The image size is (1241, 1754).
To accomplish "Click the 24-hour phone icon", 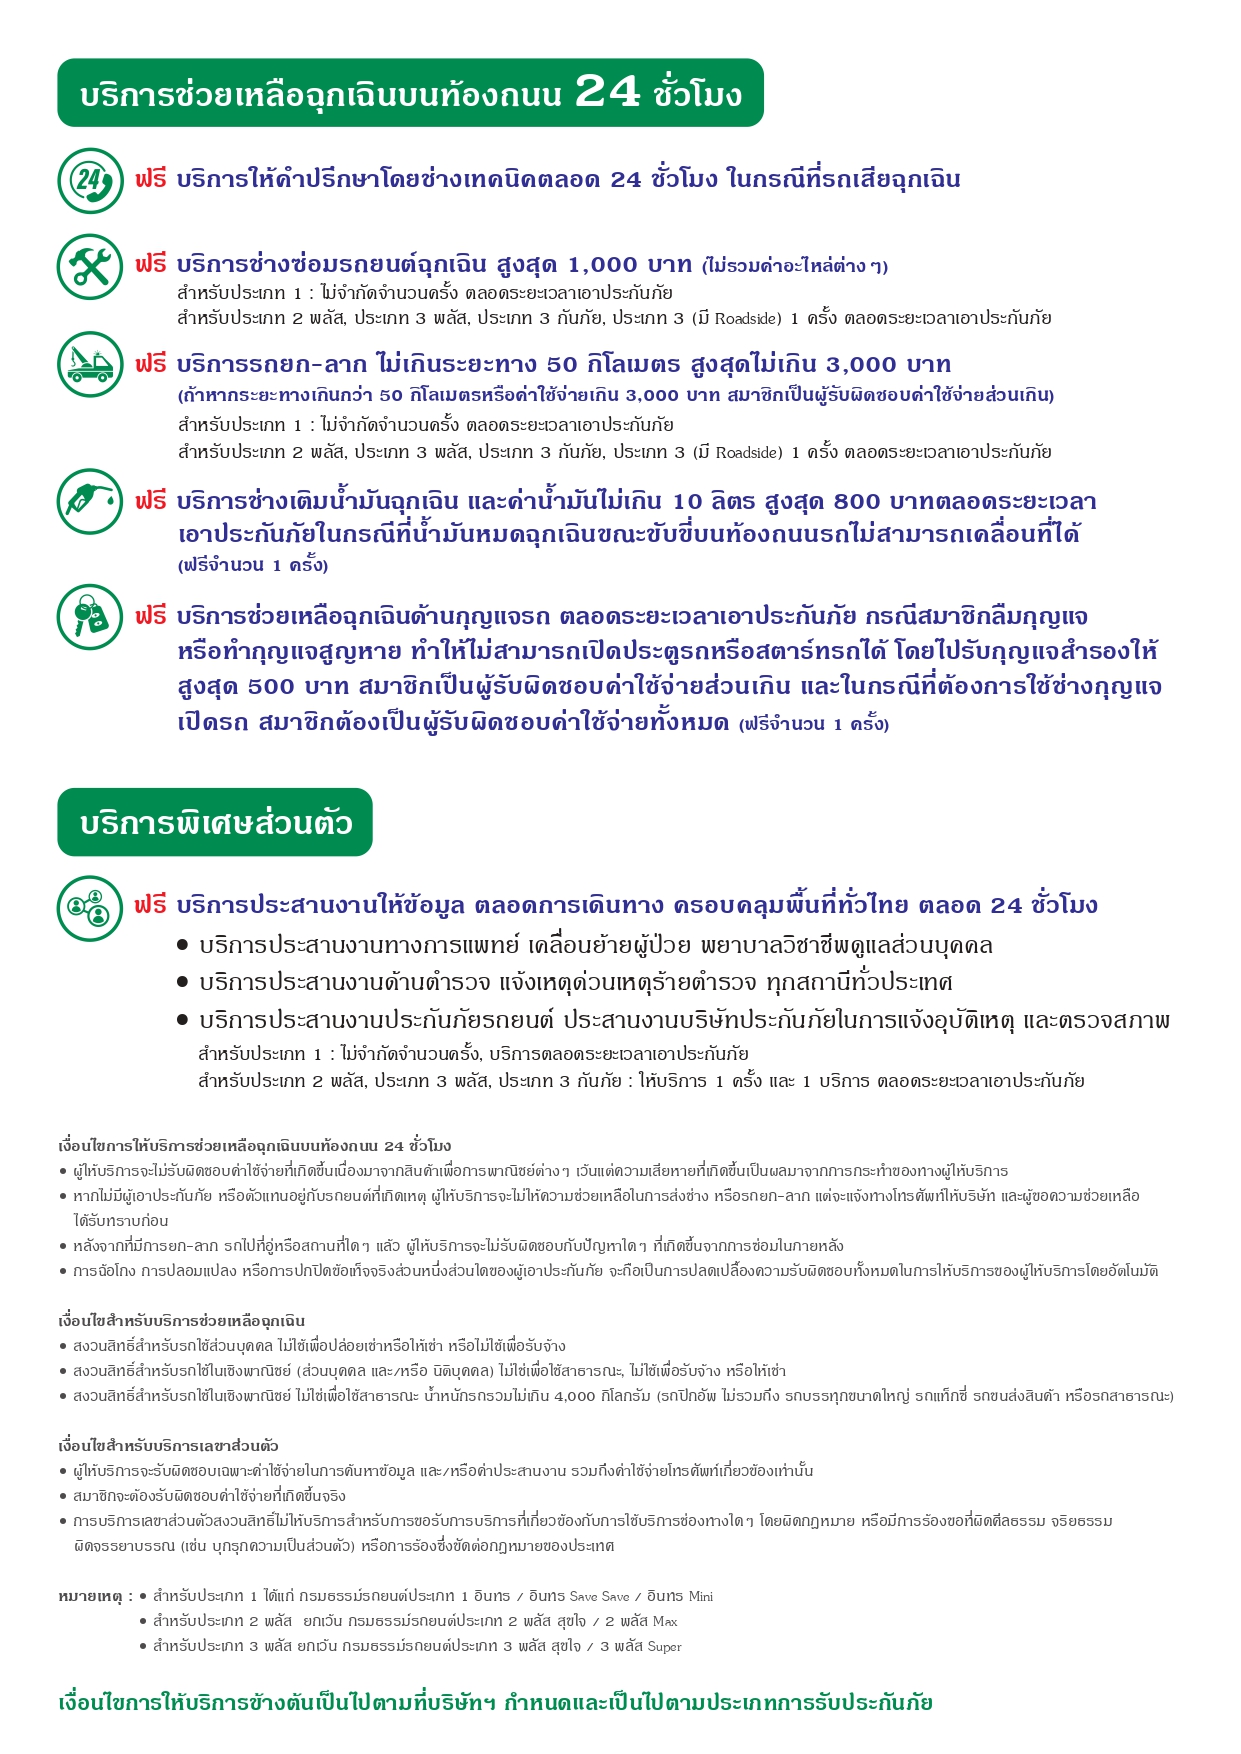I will tap(90, 181).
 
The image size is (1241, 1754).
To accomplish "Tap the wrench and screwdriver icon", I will tap(90, 267).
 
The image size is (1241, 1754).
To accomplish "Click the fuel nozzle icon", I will tap(90, 501).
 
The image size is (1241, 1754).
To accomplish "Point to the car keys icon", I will tap(90, 617).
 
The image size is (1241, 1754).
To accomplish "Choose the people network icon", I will tap(90, 908).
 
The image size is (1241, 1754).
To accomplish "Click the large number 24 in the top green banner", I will tap(607, 92).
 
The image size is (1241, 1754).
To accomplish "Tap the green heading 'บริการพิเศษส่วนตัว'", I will tap(215, 823).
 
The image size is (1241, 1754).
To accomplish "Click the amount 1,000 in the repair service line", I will tap(602, 265).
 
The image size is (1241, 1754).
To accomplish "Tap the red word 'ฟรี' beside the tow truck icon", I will tap(151, 364).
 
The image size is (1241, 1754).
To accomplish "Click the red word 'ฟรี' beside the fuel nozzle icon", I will tap(151, 501).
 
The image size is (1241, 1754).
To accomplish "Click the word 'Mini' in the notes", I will tap(700, 1597).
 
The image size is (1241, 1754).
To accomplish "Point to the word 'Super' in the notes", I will tap(664, 1647).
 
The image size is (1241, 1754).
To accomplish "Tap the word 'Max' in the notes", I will tap(665, 1622).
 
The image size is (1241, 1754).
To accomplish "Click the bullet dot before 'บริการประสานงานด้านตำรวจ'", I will tap(182, 983).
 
